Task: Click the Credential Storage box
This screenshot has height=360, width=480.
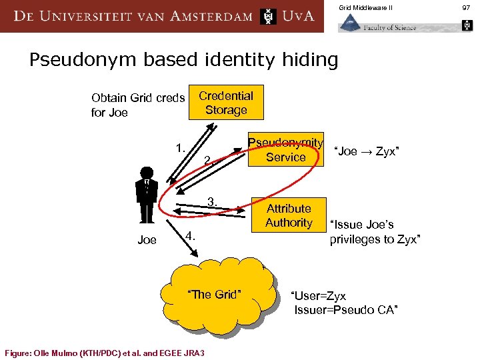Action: (226, 103)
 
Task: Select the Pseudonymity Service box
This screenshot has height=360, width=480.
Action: (285, 151)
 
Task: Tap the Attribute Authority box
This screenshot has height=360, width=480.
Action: (289, 215)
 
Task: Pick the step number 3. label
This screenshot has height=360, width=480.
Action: (213, 201)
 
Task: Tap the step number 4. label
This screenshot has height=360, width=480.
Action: (190, 236)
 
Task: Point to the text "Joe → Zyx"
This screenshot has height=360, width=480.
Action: (366, 151)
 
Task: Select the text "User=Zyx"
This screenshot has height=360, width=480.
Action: (319, 295)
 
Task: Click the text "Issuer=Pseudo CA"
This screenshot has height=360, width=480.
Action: (346, 310)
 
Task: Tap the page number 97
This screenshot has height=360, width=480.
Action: (466, 7)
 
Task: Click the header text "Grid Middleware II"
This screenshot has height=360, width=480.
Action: (365, 7)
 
